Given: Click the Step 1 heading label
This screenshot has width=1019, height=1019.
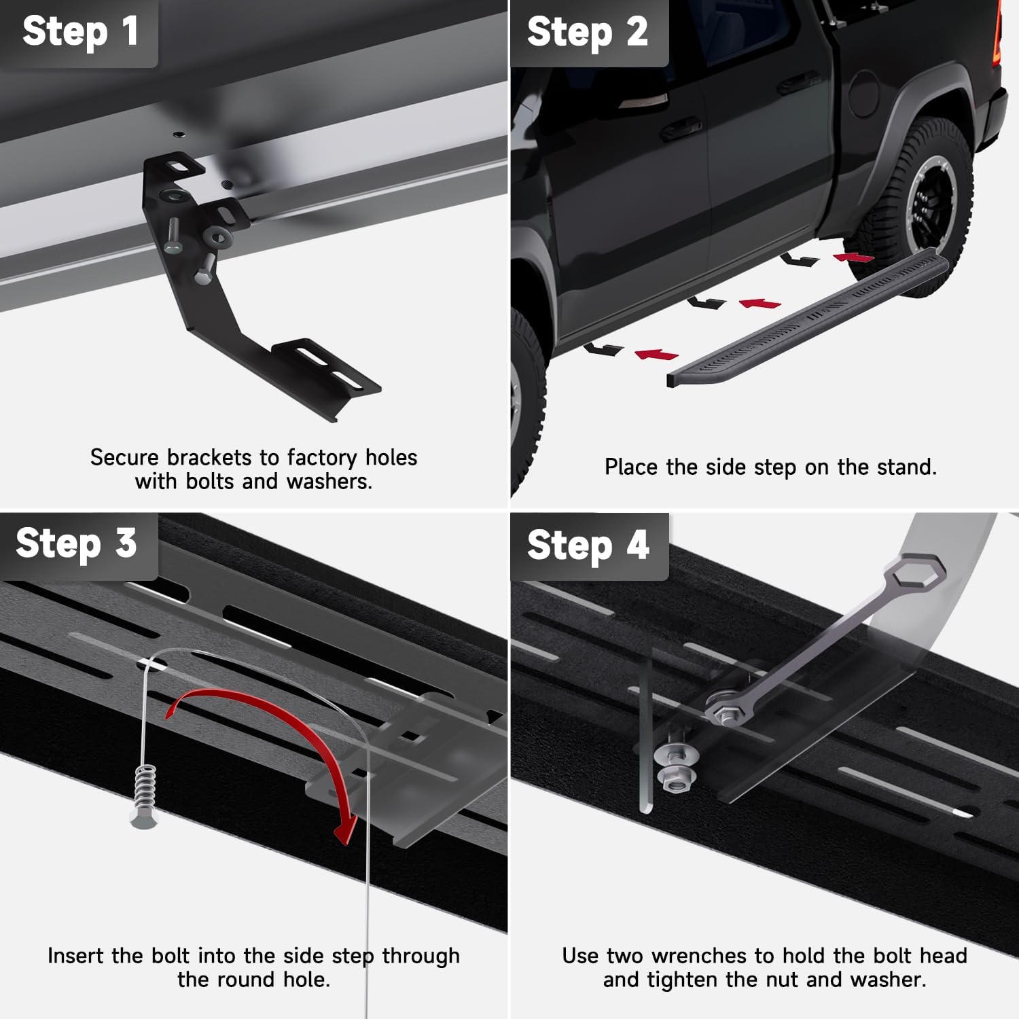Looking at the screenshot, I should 79,32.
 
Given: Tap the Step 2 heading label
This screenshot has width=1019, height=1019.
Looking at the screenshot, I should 588,32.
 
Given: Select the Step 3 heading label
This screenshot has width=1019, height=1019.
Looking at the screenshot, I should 76,543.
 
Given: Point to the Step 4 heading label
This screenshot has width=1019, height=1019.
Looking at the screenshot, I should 588,546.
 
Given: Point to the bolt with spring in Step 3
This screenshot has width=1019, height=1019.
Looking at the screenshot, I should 144,795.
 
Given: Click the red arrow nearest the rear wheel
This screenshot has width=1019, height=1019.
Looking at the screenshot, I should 854,257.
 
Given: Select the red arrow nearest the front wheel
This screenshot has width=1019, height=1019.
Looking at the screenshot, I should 656,354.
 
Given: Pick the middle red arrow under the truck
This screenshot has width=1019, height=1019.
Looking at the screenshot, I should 759,303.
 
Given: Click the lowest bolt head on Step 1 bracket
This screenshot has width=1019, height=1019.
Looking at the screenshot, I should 204,276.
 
